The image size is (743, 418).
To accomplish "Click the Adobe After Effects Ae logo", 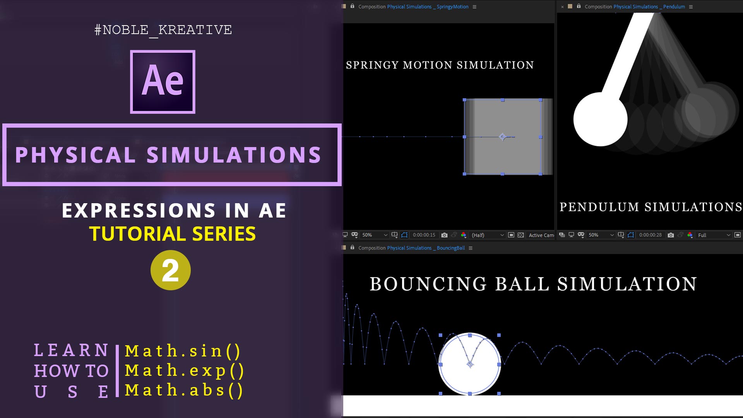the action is (163, 82).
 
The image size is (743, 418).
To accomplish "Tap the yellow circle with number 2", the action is (171, 270).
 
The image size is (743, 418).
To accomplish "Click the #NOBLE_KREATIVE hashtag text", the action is (163, 30).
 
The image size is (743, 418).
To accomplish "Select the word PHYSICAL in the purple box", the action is (75, 155).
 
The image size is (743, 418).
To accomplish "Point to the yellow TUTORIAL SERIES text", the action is (173, 234).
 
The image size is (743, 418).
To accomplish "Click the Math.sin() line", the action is (183, 351).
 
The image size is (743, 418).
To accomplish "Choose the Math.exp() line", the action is (185, 371).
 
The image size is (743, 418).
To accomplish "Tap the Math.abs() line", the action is (184, 391).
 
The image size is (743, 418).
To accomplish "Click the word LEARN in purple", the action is (71, 350).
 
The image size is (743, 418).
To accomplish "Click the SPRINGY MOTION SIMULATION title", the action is (440, 65).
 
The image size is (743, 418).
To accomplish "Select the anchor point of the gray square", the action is (502, 137).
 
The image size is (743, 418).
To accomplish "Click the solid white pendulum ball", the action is (600, 119).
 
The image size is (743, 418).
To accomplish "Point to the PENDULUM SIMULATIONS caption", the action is (651, 207).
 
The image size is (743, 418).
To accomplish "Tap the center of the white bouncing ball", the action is (470, 364).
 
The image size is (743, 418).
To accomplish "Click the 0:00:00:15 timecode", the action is (424, 235).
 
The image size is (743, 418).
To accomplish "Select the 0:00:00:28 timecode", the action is (650, 235).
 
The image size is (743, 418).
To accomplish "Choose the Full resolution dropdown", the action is (714, 235).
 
